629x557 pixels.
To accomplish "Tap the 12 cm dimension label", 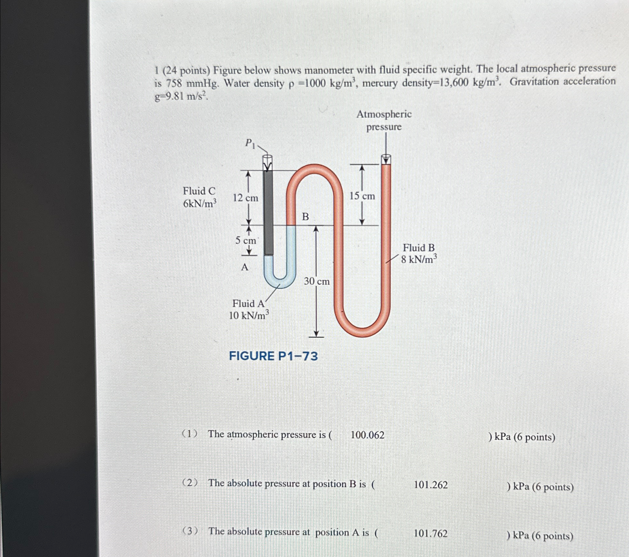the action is (x=245, y=198).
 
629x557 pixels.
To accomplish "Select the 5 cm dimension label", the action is (x=245, y=240).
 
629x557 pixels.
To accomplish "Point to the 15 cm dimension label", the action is (x=362, y=196).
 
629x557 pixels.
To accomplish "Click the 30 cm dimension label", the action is (x=317, y=281).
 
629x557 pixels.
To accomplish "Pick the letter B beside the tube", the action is (x=305, y=217).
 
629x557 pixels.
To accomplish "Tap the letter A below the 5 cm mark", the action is (x=245, y=267).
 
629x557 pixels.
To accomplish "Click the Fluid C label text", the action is (x=199, y=191).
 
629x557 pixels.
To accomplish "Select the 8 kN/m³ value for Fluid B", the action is (x=419, y=259).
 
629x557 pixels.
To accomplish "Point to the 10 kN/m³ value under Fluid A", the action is (x=249, y=315).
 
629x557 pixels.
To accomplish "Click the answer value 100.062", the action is (x=367, y=435).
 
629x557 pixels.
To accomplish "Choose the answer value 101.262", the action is (x=431, y=485).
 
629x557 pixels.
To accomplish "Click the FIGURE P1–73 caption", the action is (x=273, y=356).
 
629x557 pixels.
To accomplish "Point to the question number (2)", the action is (x=190, y=483).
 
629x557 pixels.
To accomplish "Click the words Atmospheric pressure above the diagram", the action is (x=384, y=120).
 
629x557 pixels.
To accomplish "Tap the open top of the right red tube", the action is (x=386, y=159).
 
